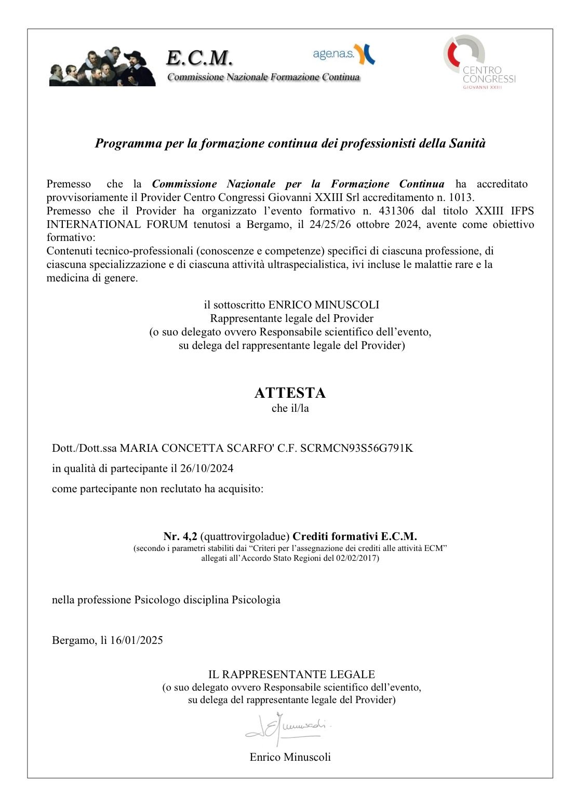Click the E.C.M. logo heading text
(x=199, y=58)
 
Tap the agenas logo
(x=343, y=54)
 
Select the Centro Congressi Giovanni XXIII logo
(x=479, y=62)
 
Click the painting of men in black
(x=102, y=67)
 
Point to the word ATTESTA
(x=290, y=393)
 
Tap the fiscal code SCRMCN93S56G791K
(x=356, y=448)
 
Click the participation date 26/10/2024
(x=207, y=468)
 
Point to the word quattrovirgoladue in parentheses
(x=245, y=536)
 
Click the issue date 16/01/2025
(x=136, y=640)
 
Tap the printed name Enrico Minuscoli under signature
(x=290, y=757)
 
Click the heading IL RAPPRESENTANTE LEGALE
(x=291, y=675)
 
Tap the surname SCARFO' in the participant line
(x=243, y=448)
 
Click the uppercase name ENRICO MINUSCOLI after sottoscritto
(x=324, y=305)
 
